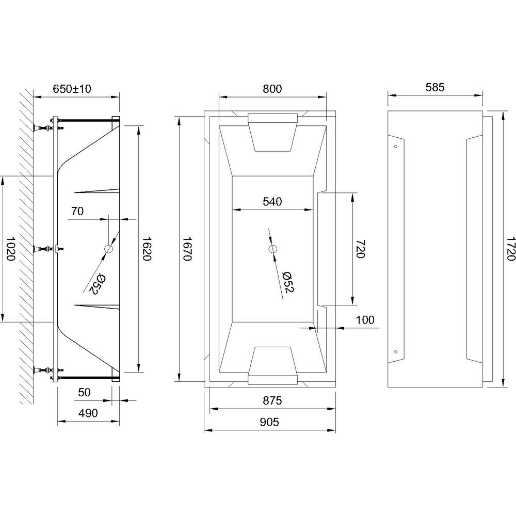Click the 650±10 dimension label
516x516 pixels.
(x=72, y=89)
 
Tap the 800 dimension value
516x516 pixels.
(x=272, y=89)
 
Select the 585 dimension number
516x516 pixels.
(x=434, y=87)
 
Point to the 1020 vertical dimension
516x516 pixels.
(x=10, y=249)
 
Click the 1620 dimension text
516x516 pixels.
(x=146, y=249)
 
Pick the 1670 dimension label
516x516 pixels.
(x=187, y=249)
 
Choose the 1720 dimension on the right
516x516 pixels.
(x=510, y=249)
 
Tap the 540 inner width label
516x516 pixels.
(x=272, y=201)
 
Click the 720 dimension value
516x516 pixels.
(x=360, y=249)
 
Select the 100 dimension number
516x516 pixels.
(x=365, y=320)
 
